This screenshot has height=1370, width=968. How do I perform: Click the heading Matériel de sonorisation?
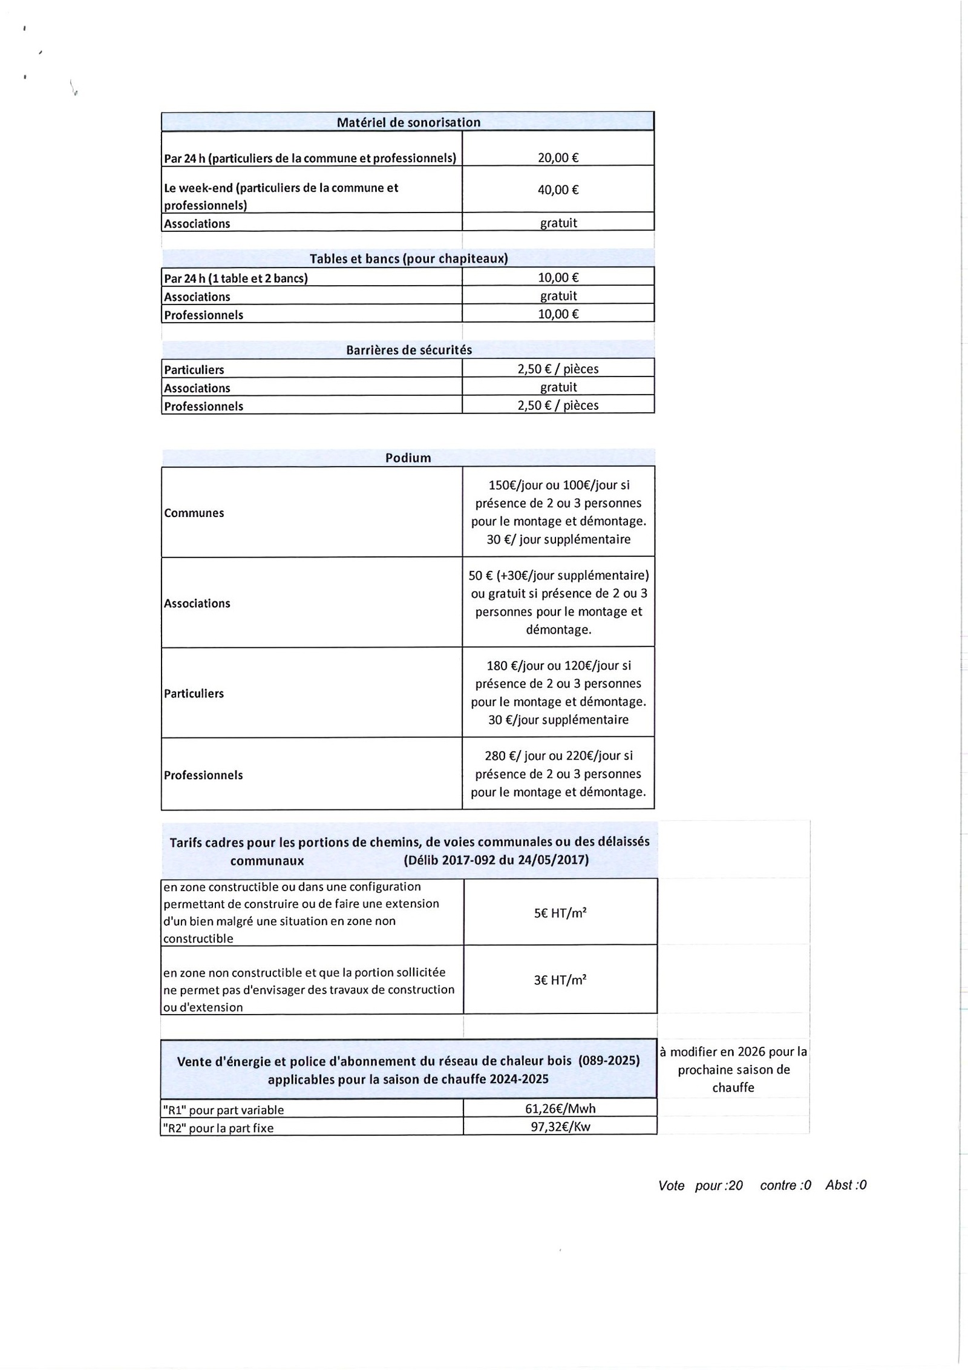pos(408,122)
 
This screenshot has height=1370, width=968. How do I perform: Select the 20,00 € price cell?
pos(558,158)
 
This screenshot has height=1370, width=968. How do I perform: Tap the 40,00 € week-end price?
pos(558,190)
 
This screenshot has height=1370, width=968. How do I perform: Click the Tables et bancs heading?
pos(408,259)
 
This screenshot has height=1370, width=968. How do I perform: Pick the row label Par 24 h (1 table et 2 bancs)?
pos(236,278)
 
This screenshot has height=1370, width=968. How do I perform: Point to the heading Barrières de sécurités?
pos(408,350)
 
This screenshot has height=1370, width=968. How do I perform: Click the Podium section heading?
pos(408,458)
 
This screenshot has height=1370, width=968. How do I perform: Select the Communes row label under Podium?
pos(194,513)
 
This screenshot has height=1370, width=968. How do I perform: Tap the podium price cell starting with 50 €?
pos(558,602)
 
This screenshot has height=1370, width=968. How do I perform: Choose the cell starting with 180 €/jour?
pos(558,693)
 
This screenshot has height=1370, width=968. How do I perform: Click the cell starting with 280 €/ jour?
pos(558,774)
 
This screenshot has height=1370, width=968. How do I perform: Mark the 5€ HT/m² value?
pos(560,913)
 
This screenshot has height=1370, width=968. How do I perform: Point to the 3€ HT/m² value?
pos(560,980)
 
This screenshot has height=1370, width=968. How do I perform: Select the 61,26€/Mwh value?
pos(560,1109)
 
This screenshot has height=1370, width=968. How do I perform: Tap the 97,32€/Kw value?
pos(560,1127)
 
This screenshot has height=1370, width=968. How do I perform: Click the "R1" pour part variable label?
pos(223,1110)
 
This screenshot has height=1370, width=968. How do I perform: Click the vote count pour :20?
pos(719,1186)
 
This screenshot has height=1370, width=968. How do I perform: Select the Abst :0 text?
pos(846,1185)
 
